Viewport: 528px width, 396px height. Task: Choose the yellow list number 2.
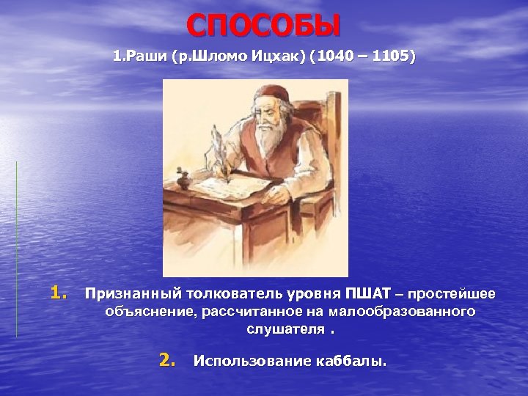tap(168, 360)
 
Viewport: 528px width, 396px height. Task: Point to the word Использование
tap(245, 362)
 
